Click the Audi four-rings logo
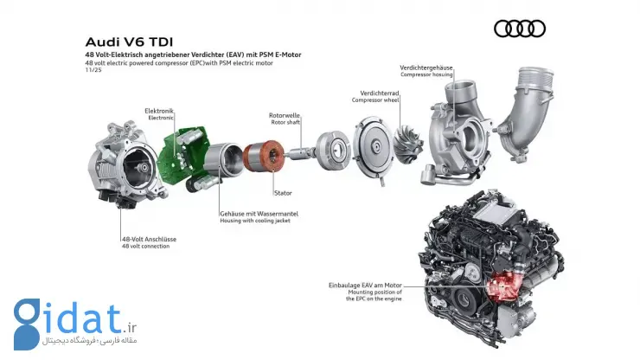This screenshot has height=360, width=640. click(x=520, y=29)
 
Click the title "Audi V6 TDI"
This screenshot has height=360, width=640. click(x=129, y=42)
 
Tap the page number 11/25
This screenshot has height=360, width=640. click(x=93, y=70)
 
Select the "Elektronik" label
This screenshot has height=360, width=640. click(x=159, y=111)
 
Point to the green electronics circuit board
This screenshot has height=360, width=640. click(x=182, y=154)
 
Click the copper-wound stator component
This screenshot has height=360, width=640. click(x=264, y=156)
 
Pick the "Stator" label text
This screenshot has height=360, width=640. click(x=283, y=193)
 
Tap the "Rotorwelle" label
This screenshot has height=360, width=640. click(x=284, y=116)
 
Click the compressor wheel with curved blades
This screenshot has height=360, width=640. click(x=407, y=144)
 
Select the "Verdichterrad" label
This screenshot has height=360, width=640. click(x=379, y=93)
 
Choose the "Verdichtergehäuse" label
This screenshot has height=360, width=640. click(x=426, y=67)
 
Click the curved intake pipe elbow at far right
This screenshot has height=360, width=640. click(x=527, y=114)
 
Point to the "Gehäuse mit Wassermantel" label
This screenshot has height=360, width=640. click(x=259, y=214)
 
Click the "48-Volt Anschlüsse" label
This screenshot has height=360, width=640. click(x=149, y=240)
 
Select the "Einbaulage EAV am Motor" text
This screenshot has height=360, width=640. click(x=365, y=286)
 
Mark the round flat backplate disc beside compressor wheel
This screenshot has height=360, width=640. click(x=373, y=148)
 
